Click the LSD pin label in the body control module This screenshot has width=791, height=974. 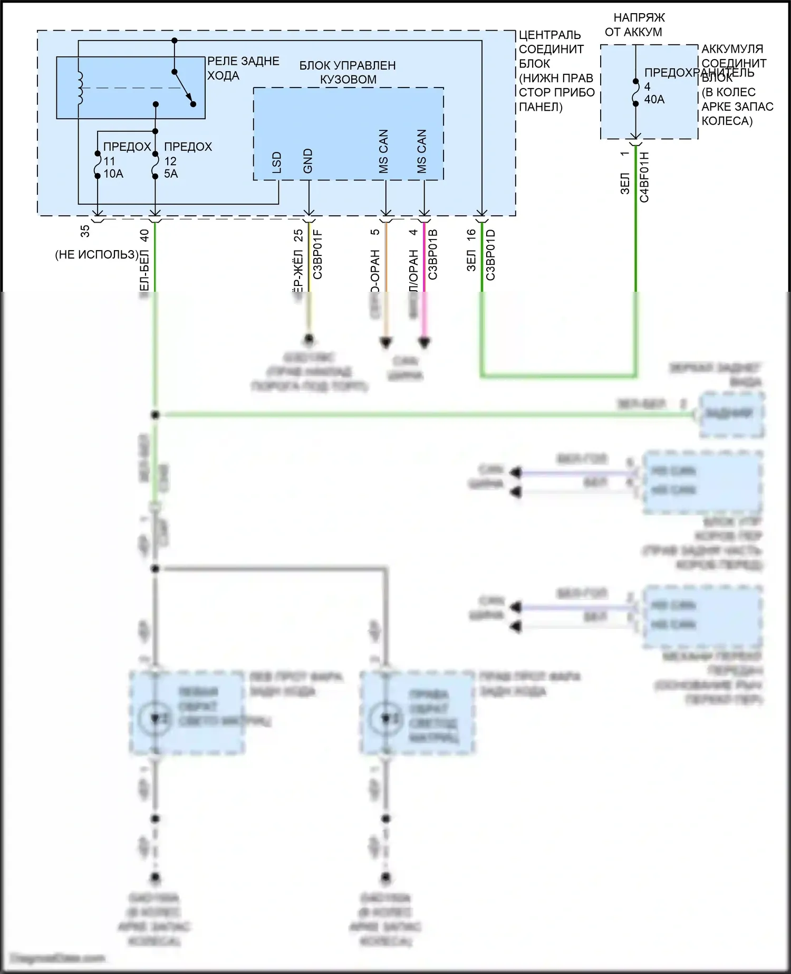[276, 163]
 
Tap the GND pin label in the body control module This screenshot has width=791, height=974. [308, 161]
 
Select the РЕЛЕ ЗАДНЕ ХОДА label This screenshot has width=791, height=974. [243, 68]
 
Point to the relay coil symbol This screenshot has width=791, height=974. [80, 88]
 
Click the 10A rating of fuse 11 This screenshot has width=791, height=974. [113, 174]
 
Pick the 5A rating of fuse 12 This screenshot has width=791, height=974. [171, 174]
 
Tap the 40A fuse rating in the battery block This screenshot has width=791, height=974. [654, 99]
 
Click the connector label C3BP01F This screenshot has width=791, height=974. [317, 254]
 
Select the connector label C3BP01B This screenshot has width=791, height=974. [433, 254]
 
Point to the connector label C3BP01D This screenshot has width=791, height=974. [490, 254]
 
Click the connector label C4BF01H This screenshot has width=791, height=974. [644, 177]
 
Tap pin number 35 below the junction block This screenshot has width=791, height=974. [85, 231]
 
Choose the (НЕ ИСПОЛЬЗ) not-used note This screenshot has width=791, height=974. [97, 254]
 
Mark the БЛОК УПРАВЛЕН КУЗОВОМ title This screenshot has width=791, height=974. [348, 72]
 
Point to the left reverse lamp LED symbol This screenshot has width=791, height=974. [155, 718]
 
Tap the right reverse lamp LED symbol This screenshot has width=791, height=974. [385, 718]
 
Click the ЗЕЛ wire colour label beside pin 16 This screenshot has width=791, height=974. [471, 261]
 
